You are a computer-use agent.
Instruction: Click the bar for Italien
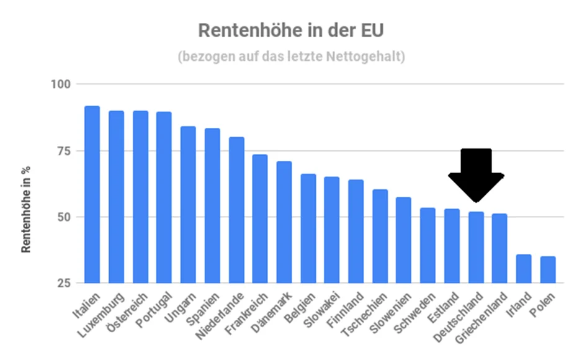[x=92, y=195]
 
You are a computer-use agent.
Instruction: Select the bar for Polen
[x=547, y=270]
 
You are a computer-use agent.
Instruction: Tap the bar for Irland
[x=524, y=269]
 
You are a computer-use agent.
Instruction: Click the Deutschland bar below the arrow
[x=476, y=248]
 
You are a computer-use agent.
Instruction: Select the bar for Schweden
[x=428, y=246]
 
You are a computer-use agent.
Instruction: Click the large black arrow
[x=476, y=173]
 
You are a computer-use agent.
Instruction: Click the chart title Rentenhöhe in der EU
[x=291, y=30]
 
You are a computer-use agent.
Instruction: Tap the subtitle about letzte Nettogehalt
[x=291, y=57]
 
